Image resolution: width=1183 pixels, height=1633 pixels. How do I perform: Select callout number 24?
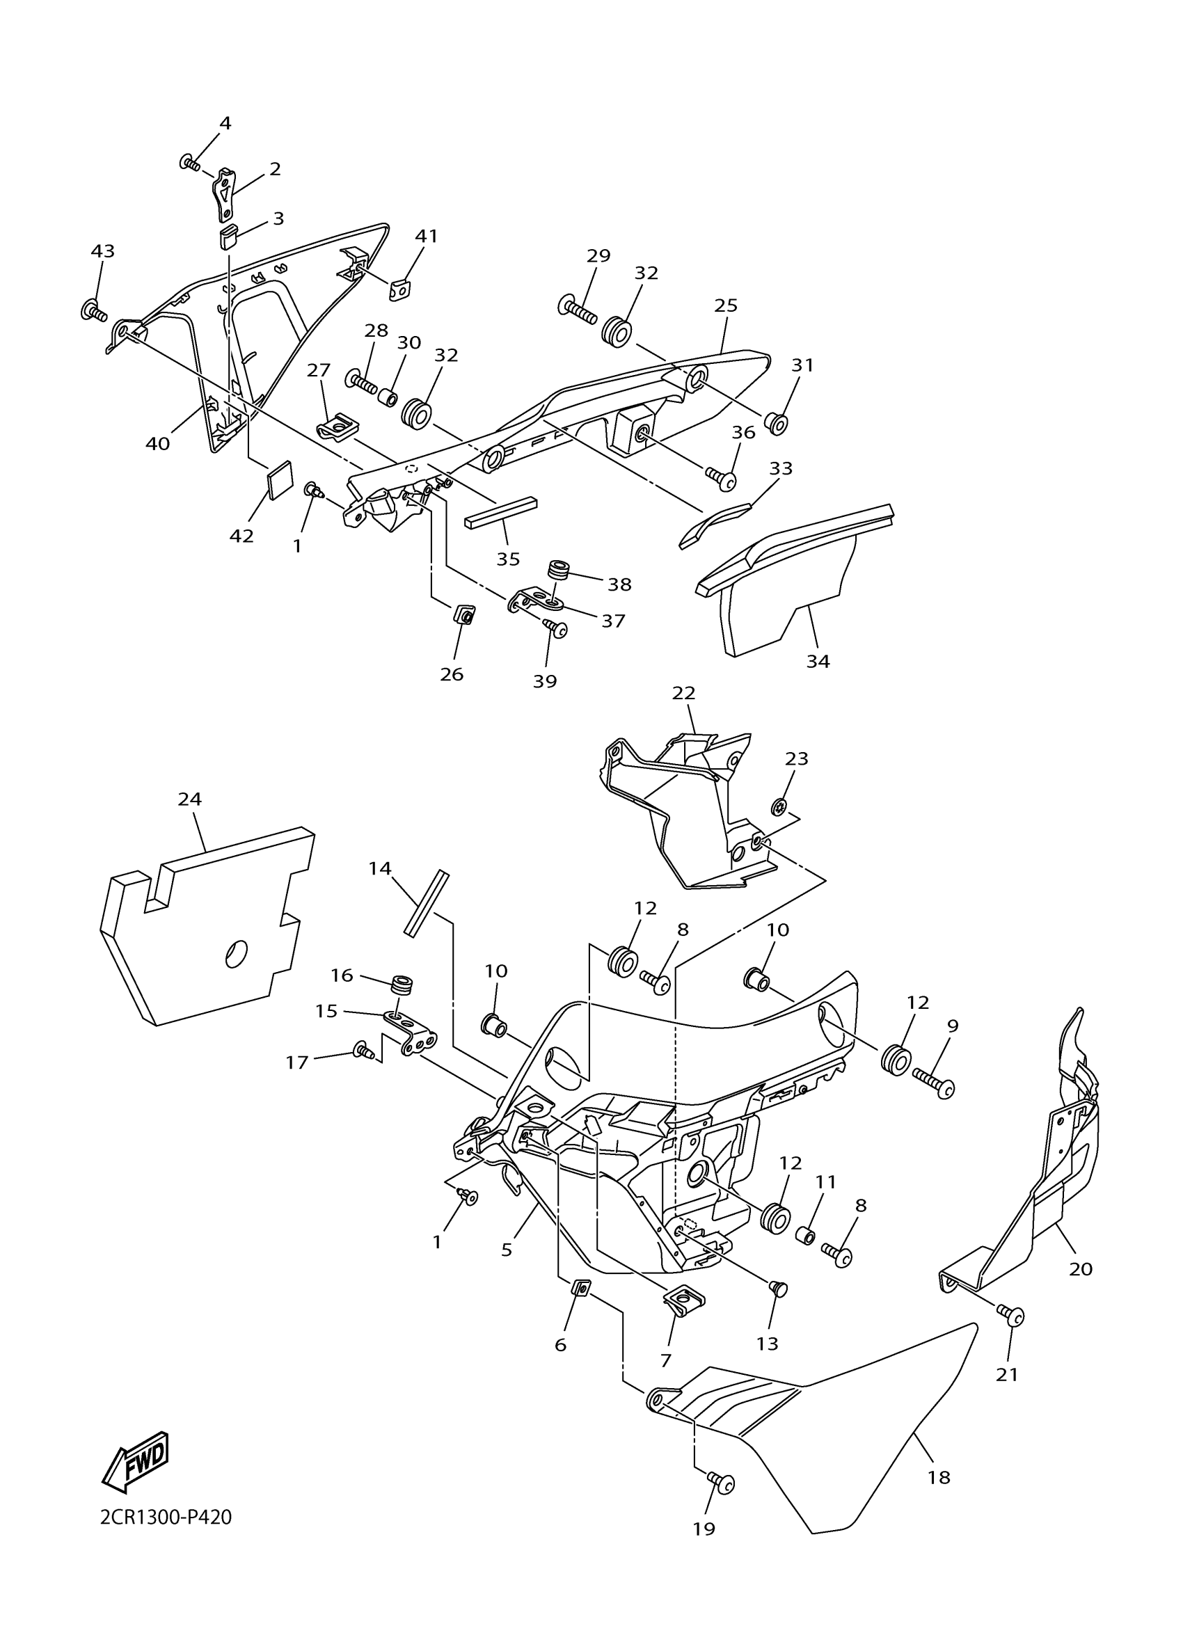[x=190, y=799]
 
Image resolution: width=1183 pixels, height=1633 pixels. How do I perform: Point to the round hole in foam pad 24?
[x=236, y=955]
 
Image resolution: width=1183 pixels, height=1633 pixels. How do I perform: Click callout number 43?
[x=103, y=251]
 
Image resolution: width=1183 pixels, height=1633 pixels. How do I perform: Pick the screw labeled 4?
[x=190, y=164]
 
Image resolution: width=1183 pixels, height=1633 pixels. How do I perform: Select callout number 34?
[x=818, y=661]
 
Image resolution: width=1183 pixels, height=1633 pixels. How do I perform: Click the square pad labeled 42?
[x=280, y=479]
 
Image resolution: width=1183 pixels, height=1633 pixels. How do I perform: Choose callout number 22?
[x=683, y=693]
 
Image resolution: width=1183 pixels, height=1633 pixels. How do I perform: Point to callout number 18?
[x=939, y=1477]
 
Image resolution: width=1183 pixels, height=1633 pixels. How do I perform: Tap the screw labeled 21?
[x=1013, y=1317]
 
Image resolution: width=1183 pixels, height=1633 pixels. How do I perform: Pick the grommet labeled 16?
[x=402, y=984]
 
